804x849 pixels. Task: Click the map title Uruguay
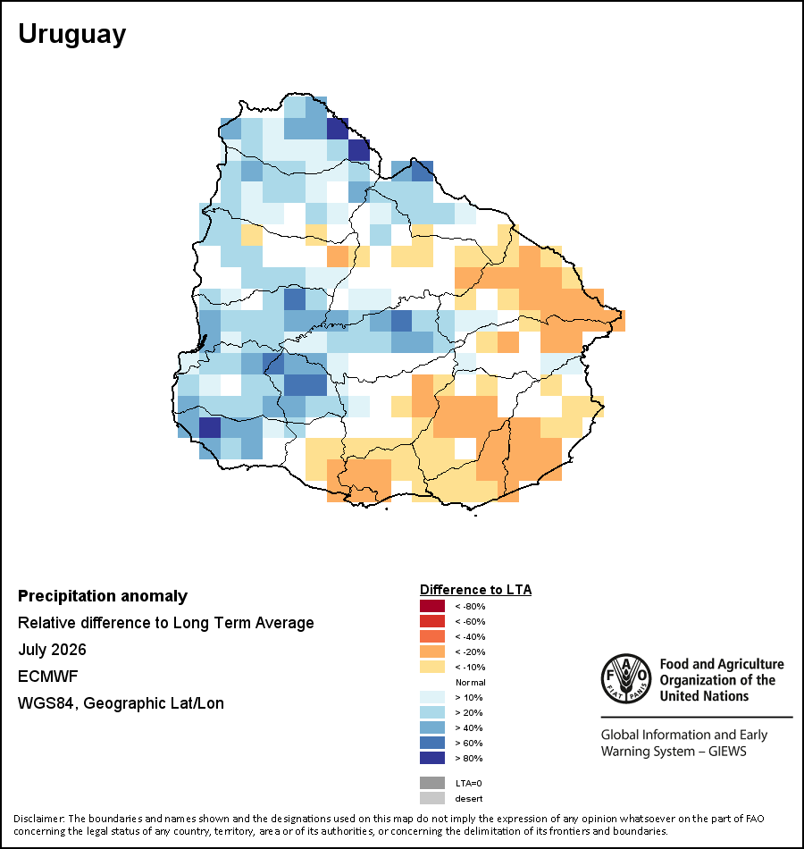[72, 35]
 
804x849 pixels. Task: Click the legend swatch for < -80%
[432, 606]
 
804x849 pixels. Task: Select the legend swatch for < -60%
[432, 621]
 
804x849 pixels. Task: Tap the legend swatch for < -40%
[432, 636]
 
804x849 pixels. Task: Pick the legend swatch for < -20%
[432, 651]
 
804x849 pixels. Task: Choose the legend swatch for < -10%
[432, 667]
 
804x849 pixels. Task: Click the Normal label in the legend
[471, 682]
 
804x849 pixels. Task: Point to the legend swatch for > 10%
[432, 697]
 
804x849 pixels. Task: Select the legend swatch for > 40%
[432, 727]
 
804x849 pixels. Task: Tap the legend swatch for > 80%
[432, 758]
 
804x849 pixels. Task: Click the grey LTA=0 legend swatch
[432, 783]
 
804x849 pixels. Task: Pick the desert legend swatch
[432, 798]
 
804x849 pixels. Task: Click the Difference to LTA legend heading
[475, 590]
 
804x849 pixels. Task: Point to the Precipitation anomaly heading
[103, 596]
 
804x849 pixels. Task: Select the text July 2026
[52, 649]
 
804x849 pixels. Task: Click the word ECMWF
[47, 677]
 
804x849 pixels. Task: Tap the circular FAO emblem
[626, 678]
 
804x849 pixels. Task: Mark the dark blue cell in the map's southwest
[210, 428]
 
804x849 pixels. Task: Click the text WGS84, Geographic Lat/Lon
[121, 703]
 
